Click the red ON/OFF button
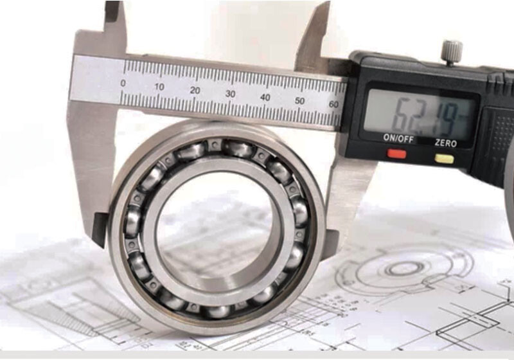point(396,154)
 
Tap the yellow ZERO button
point(444,158)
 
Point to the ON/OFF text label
point(398,139)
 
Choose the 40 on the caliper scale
point(265,97)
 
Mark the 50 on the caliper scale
point(299,100)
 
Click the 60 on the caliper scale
point(333,104)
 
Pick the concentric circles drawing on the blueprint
point(405,267)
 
